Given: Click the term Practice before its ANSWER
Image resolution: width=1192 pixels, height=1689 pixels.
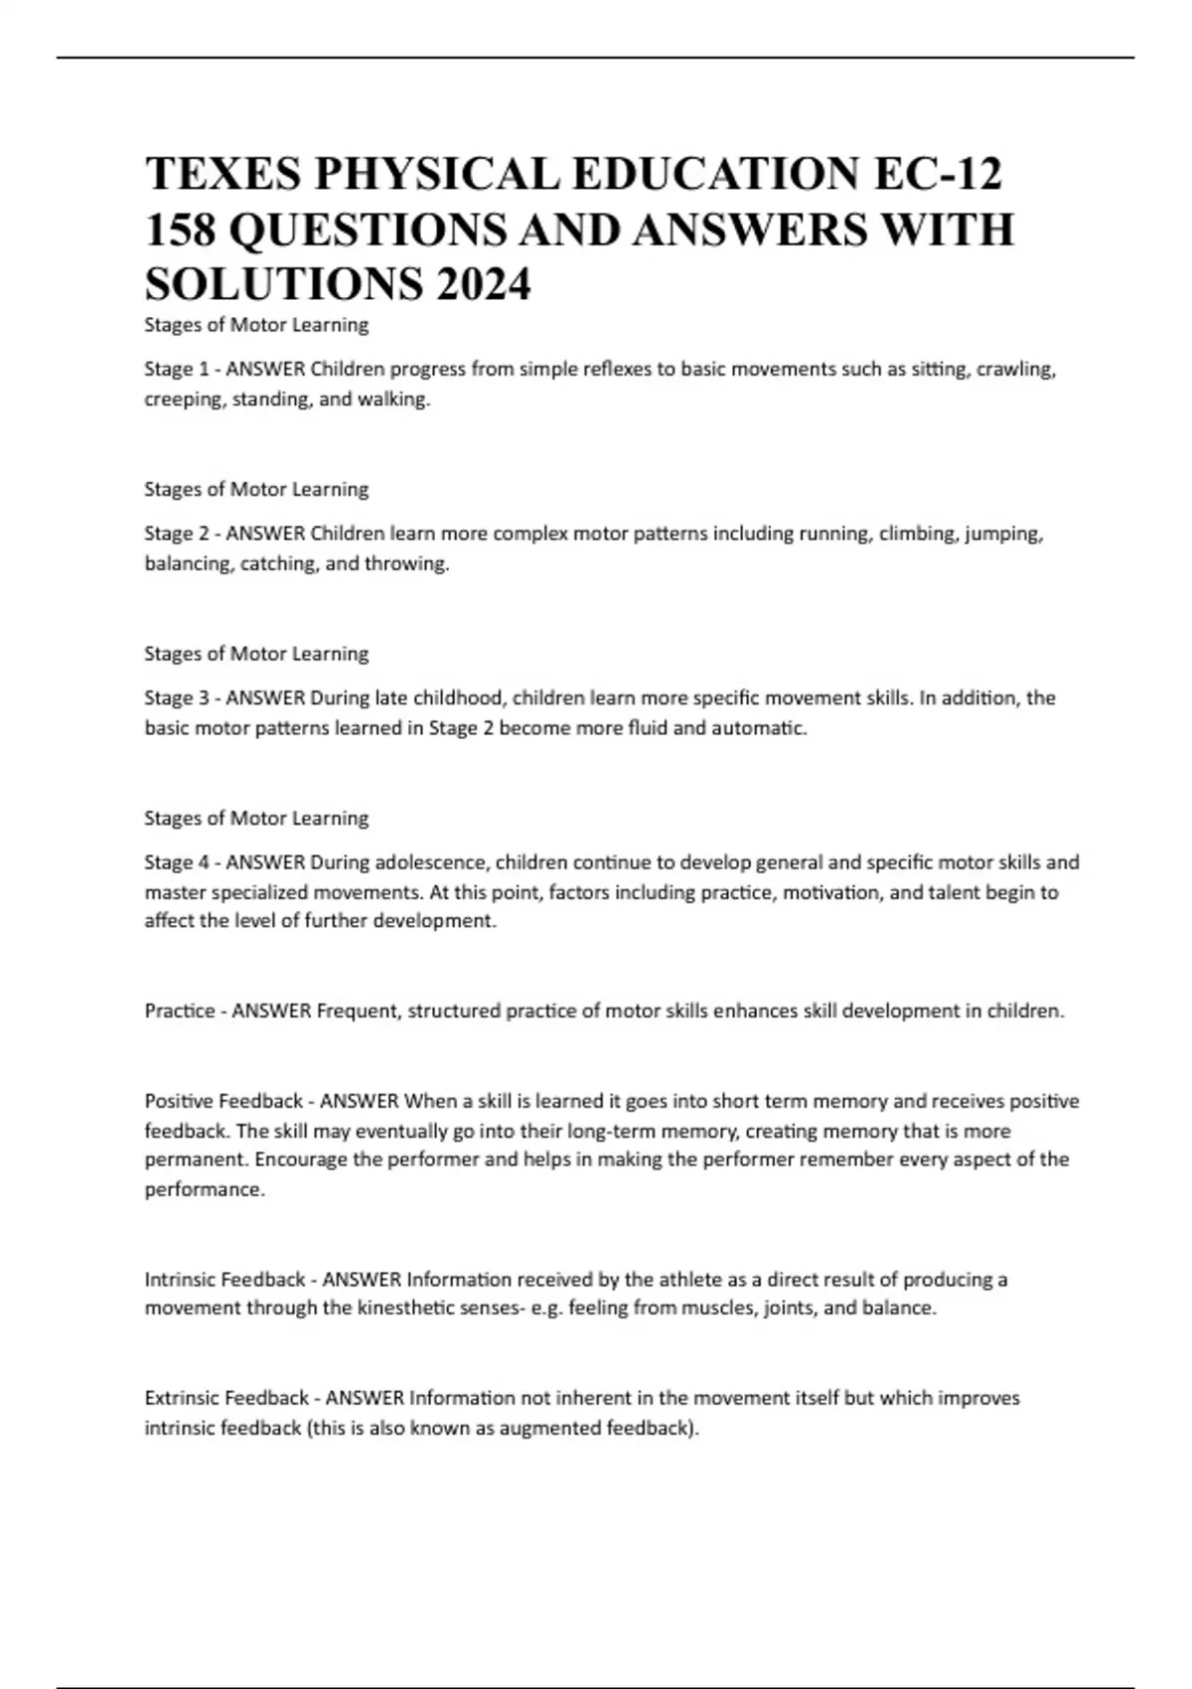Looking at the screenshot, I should [x=180, y=1011].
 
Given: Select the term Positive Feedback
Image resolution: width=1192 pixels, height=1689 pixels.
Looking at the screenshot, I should [x=223, y=1102].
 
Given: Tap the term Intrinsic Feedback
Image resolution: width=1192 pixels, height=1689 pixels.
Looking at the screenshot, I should [x=224, y=1280].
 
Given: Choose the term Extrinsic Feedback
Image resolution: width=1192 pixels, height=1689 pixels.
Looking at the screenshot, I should [x=226, y=1399].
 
